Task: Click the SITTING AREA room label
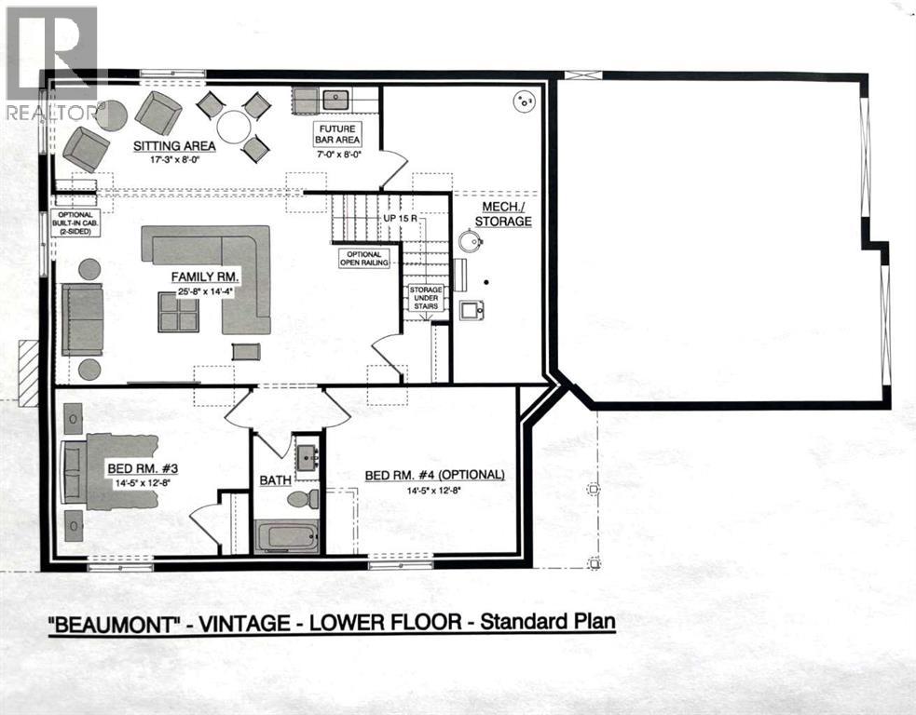coord(174,146)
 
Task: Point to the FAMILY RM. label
coord(206,277)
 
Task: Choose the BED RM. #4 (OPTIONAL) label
coord(434,475)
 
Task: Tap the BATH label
coord(276,480)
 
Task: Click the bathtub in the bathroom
coord(287,536)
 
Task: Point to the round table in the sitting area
coord(233,127)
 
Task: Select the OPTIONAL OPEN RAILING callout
coord(364,258)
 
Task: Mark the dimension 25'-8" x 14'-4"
coord(206,292)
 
